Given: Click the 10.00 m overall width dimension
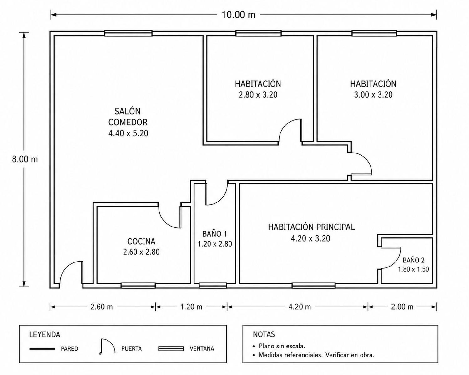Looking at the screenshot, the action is (239, 15).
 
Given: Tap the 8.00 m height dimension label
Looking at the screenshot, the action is (25, 159).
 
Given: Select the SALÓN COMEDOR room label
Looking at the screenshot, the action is (128, 117).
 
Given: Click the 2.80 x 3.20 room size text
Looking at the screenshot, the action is (258, 95).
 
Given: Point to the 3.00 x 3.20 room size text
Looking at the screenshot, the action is (373, 95).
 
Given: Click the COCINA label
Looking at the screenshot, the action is (141, 242).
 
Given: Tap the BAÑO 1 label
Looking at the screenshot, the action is (215, 234).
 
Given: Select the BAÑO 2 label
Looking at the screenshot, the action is (413, 260).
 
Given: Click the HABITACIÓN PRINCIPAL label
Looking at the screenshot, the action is (311, 227).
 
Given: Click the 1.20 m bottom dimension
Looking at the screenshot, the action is (191, 307).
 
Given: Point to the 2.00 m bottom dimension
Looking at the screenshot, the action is (402, 307).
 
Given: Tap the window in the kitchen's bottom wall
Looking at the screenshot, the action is (138, 285).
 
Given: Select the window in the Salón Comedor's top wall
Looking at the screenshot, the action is (128, 33).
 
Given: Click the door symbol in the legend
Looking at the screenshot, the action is (107, 347).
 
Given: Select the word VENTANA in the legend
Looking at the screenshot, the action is (202, 349).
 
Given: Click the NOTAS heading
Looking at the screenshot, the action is (264, 334).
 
